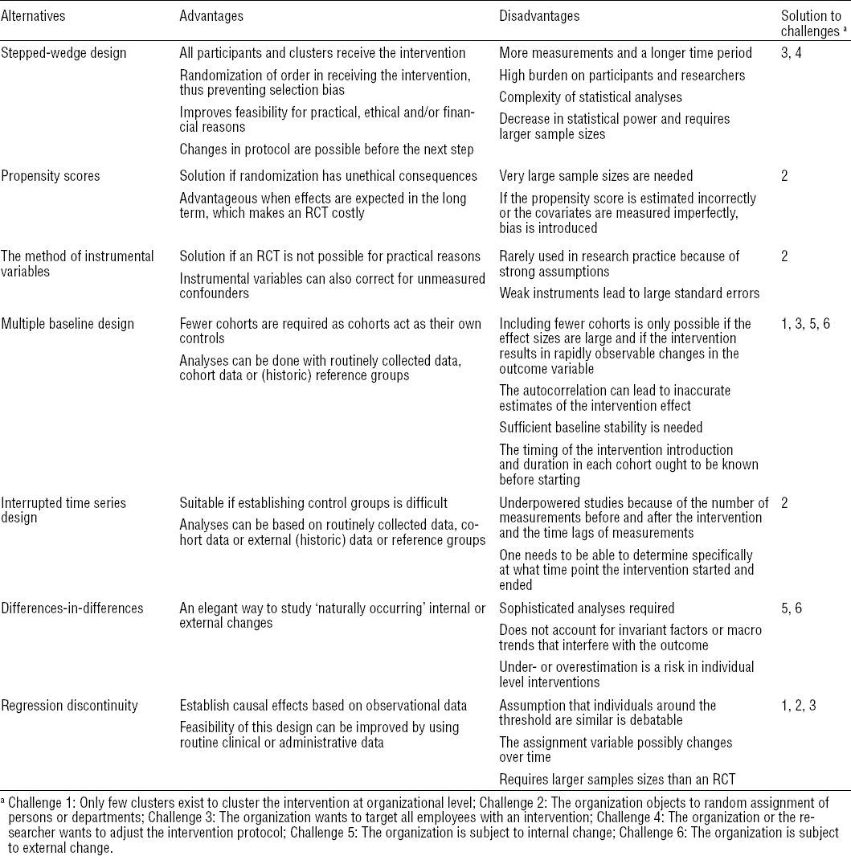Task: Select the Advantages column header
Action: [x=211, y=15]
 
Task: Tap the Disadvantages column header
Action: [x=539, y=15]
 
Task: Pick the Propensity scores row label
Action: [x=47, y=175]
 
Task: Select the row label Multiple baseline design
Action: [x=68, y=324]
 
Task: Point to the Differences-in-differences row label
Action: [x=72, y=608]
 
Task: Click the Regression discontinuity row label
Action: [x=69, y=706]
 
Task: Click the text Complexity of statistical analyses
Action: [x=591, y=97]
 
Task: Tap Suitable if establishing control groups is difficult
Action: [x=313, y=503]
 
